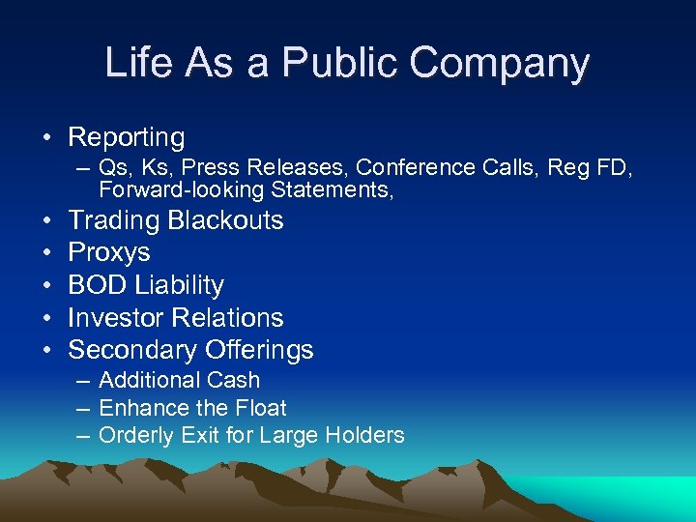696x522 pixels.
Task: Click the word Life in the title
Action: (135, 64)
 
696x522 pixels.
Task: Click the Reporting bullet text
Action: (127, 137)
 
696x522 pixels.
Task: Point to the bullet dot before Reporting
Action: (46, 137)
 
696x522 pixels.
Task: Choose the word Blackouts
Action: (225, 220)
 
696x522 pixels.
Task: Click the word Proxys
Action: (109, 252)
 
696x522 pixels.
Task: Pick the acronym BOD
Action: (98, 285)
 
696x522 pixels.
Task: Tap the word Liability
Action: (180, 285)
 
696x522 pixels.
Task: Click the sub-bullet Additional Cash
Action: (179, 380)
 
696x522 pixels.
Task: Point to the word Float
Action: (261, 408)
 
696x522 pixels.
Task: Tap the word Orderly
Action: (135, 435)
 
